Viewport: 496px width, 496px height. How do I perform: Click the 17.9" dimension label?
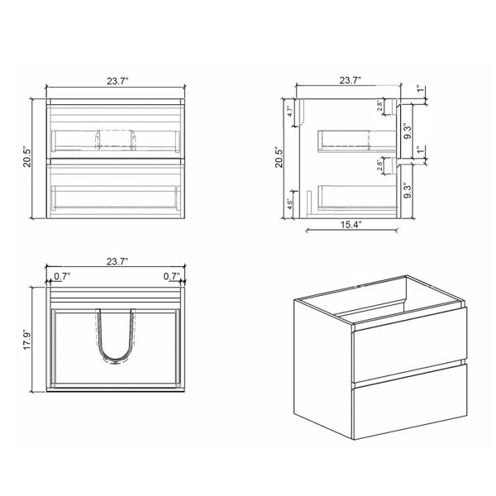point(27,340)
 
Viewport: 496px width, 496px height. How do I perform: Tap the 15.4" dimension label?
point(351,225)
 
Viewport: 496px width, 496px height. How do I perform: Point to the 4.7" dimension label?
point(290,111)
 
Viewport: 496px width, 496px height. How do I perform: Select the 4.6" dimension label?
point(289,204)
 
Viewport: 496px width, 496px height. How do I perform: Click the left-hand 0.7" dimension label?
point(62,276)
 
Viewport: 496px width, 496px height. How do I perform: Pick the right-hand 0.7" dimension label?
point(171,276)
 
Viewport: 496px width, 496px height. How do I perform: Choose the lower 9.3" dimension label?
point(408,190)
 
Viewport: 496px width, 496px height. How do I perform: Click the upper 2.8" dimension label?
point(379,105)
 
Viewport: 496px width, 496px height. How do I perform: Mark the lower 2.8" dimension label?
point(379,165)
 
